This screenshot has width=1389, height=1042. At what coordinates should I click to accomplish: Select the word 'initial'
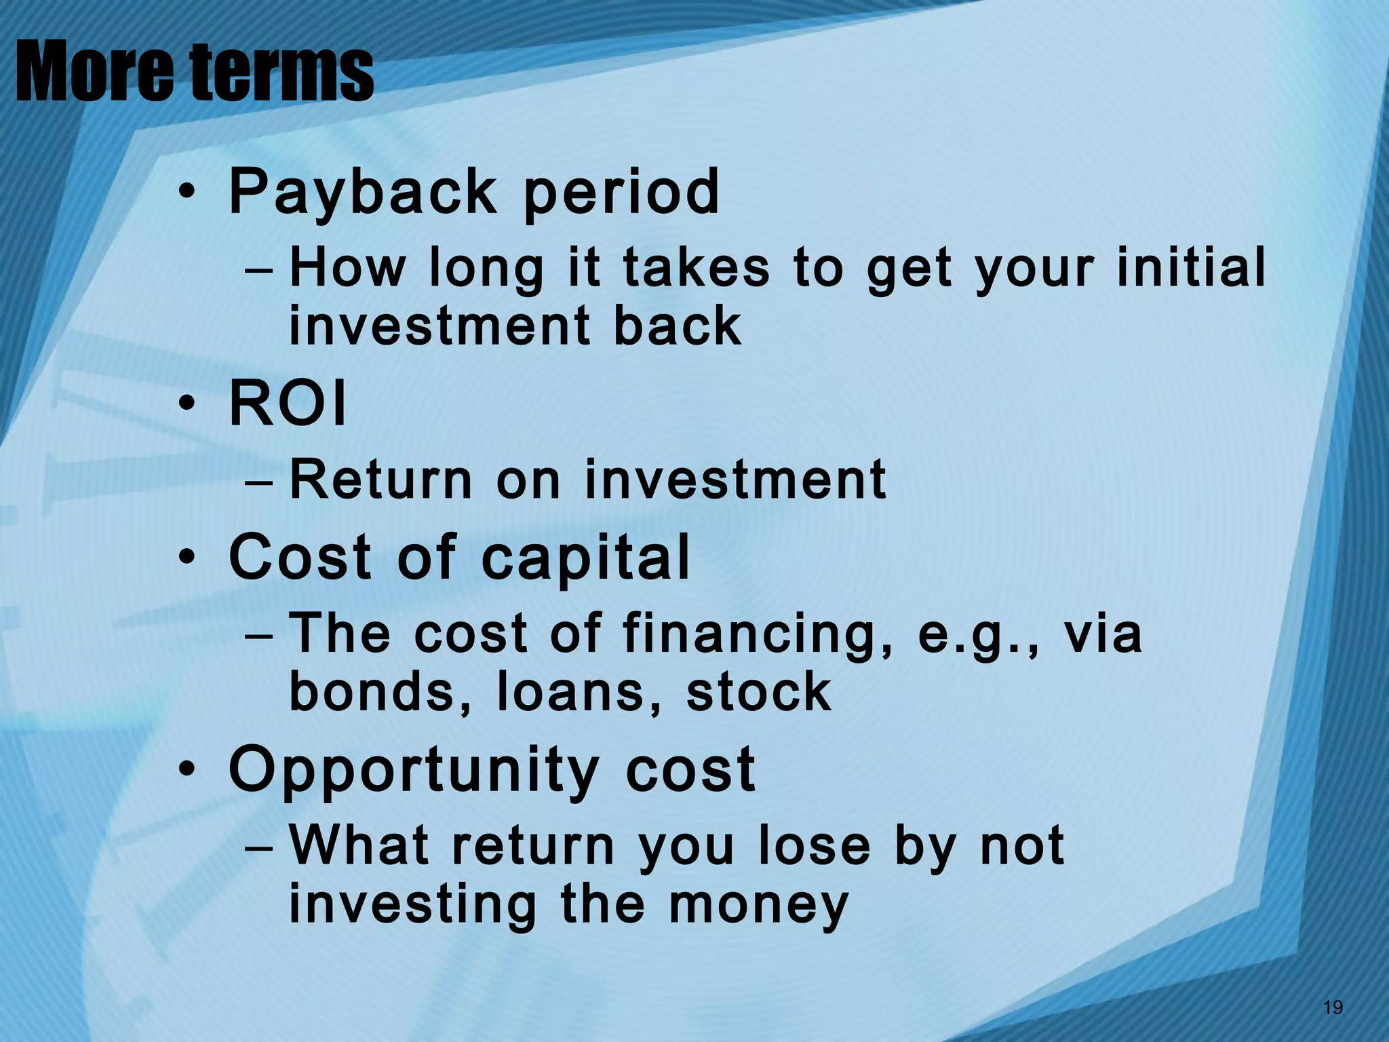(x=1191, y=267)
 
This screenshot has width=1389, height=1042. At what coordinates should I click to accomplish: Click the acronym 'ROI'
(x=288, y=404)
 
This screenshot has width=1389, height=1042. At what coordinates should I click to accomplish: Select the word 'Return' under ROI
(x=380, y=479)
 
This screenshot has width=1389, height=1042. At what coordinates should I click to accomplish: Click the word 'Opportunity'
(x=414, y=770)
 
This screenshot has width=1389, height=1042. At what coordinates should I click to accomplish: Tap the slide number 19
(x=1332, y=1007)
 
